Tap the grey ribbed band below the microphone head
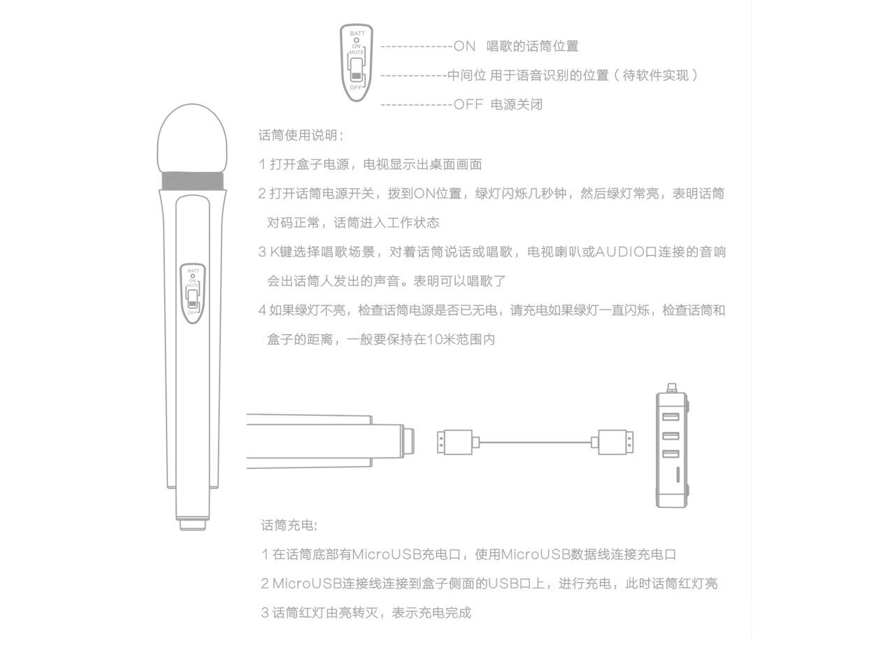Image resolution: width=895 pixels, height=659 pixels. (194, 181)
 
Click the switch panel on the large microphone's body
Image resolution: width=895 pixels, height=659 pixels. (192, 291)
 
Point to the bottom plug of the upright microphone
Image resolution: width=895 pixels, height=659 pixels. (192, 524)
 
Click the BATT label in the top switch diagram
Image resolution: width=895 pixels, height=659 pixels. (357, 34)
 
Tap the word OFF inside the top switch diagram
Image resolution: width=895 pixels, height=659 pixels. (357, 87)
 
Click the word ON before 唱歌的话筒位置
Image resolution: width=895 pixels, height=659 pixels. (464, 47)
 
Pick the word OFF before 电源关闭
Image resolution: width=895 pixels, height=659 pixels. (468, 105)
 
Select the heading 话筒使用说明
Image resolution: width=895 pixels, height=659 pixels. (301, 135)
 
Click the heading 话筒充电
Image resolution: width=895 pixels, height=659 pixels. (289, 525)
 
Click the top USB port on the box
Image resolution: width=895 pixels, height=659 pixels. (671, 418)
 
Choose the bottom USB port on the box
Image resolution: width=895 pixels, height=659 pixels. (671, 455)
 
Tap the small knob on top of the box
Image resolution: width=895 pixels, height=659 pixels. (672, 386)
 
